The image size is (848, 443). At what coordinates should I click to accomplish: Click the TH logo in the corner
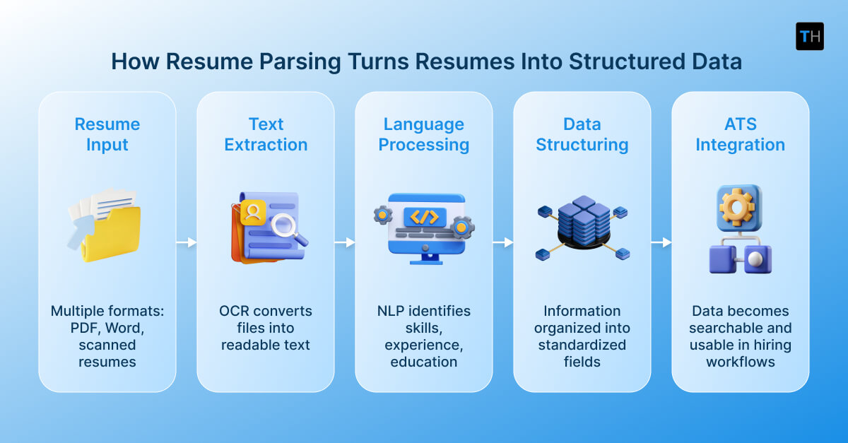pyautogui.click(x=809, y=36)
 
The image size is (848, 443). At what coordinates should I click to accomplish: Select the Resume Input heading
pyautogui.click(x=107, y=134)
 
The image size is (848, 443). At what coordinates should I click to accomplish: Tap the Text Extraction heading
pyautogui.click(x=266, y=134)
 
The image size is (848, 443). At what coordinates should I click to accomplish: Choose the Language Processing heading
pyautogui.click(x=424, y=134)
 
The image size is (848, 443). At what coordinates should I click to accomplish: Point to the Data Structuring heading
pyautogui.click(x=582, y=134)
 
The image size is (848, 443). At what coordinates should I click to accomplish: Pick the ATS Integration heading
pyautogui.click(x=740, y=134)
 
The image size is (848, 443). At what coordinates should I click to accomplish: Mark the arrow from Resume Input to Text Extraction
pyautogui.click(x=187, y=242)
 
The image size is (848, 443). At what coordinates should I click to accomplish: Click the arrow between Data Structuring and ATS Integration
pyautogui.click(x=661, y=242)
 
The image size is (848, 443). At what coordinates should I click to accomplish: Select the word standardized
pyautogui.click(x=582, y=345)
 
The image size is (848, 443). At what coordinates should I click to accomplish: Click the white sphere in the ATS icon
pyautogui.click(x=755, y=260)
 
